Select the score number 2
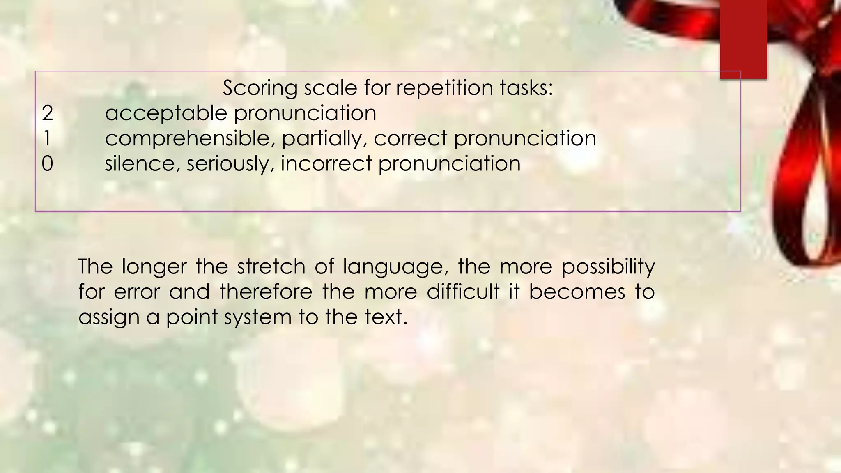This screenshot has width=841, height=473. pos(47,113)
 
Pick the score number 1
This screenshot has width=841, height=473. pos(47,138)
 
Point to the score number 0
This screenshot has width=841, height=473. pos(47,163)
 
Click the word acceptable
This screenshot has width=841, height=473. pos(166,113)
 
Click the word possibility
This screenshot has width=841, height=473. pos(608,267)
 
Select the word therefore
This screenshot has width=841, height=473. pos(266,292)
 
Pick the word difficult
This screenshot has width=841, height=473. pos(463,292)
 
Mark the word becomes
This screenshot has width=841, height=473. pos(577,292)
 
